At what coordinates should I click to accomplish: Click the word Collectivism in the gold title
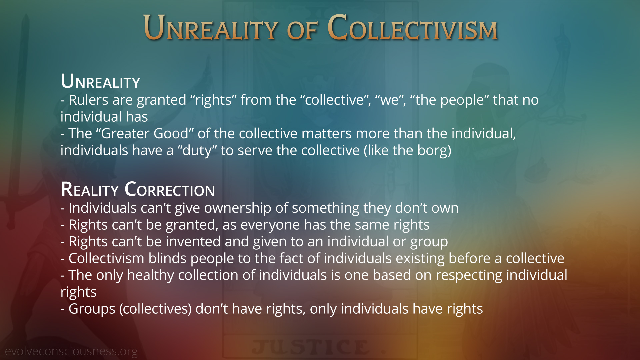(x=413, y=27)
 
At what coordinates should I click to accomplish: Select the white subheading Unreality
(x=100, y=81)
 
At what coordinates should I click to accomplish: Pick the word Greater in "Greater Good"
(x=122, y=134)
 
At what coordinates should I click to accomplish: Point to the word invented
(x=193, y=242)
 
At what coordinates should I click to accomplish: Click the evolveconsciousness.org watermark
(x=71, y=351)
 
